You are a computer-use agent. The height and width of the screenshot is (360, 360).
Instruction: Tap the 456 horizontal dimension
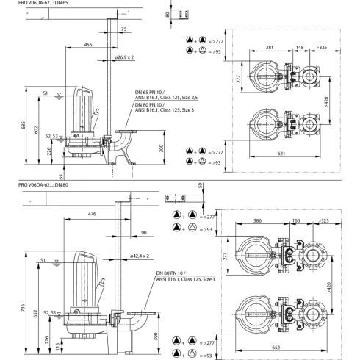(x=88, y=45)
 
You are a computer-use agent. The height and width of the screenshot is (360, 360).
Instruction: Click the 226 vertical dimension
(x=49, y=153)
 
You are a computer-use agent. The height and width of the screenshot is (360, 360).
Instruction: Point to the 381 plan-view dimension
(x=270, y=47)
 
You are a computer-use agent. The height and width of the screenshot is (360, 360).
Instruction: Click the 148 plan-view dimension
(x=300, y=47)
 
